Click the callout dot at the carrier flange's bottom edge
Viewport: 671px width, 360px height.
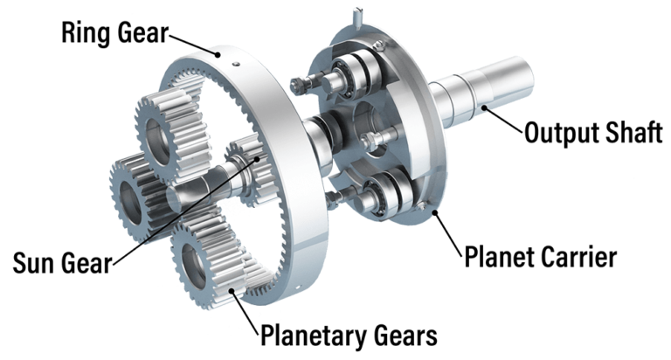coord(432,209)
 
